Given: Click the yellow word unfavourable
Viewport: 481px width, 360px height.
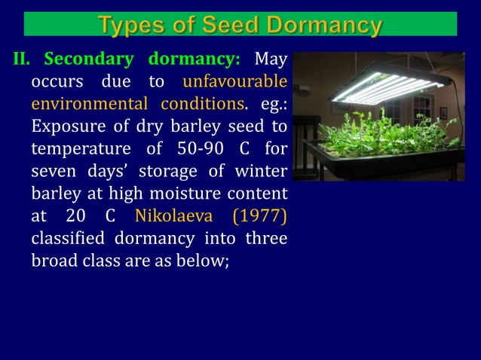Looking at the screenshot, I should pos(234,81).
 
